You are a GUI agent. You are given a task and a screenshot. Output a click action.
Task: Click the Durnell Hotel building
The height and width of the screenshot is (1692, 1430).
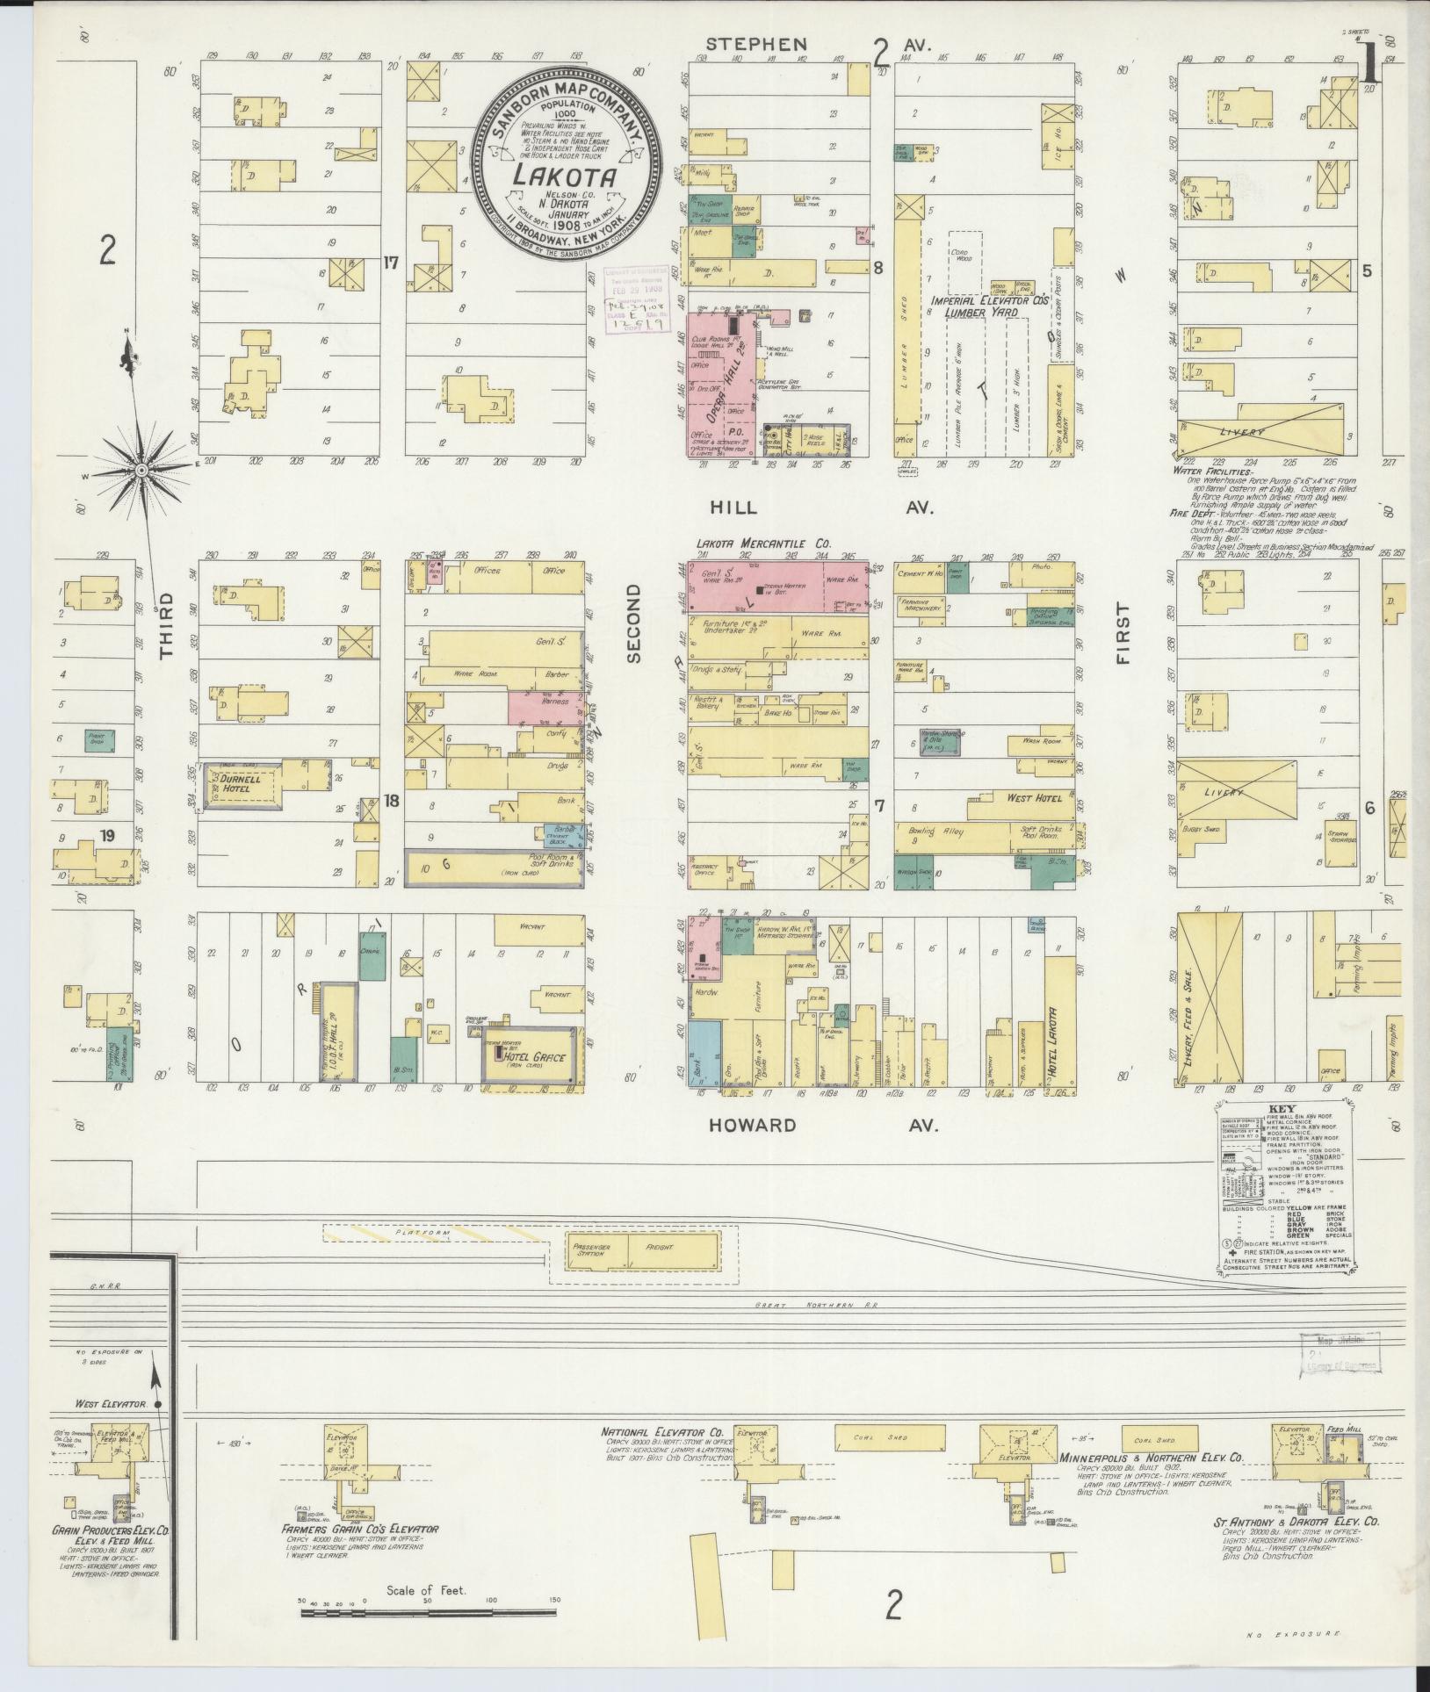tap(242, 783)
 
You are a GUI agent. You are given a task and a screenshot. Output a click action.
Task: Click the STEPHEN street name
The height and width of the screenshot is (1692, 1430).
tap(757, 44)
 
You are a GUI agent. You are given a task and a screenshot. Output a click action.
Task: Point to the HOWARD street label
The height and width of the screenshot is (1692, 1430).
tap(753, 1125)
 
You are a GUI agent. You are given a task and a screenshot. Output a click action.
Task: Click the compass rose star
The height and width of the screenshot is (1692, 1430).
tap(140, 471)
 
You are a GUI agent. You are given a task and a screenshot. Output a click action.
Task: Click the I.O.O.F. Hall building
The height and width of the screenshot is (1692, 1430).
tap(339, 1029)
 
